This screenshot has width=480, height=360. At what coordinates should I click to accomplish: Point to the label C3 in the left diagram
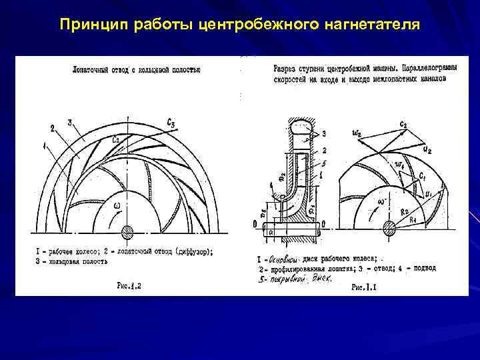click(x=171, y=123)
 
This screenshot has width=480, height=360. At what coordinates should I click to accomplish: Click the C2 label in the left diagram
click(x=115, y=139)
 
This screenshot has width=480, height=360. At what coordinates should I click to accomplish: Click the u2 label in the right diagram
click(x=425, y=151)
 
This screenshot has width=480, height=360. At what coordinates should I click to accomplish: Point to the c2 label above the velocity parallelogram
click(x=403, y=124)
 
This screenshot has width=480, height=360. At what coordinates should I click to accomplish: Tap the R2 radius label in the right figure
click(x=405, y=210)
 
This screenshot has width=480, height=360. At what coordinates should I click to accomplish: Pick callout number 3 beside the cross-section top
click(x=323, y=135)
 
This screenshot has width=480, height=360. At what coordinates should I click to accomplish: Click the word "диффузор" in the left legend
click(x=189, y=251)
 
